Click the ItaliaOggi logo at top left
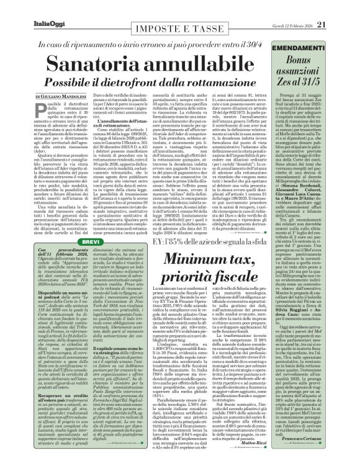[28, 7]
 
